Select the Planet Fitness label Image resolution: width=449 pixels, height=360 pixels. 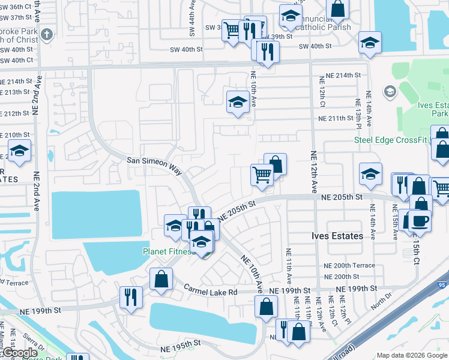tap(169, 252)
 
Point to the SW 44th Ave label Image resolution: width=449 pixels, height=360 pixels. tap(191, 15)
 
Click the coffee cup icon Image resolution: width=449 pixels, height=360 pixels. tap(420, 220)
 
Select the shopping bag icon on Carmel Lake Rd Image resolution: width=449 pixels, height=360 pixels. tap(161, 280)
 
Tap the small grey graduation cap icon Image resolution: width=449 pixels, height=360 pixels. tap(390, 91)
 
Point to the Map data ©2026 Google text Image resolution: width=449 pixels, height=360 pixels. tap(411, 355)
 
